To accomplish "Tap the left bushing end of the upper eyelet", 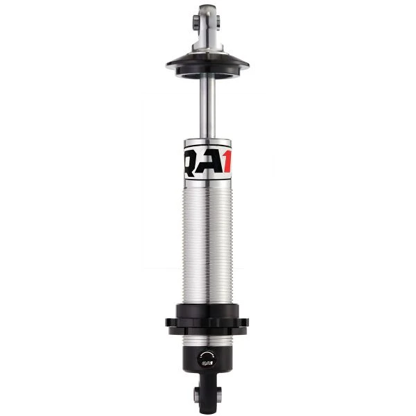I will (x=198, y=16).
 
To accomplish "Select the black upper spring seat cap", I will (x=207, y=64).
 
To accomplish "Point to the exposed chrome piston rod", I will (x=207, y=104).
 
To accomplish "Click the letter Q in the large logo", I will (x=193, y=164).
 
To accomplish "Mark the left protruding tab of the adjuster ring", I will (x=168, y=322).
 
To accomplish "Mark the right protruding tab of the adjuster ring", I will (x=246, y=322).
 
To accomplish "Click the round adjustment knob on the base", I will (x=207, y=360).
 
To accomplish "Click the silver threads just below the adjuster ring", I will (x=207, y=340).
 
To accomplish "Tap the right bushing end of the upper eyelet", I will (x=218, y=16).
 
